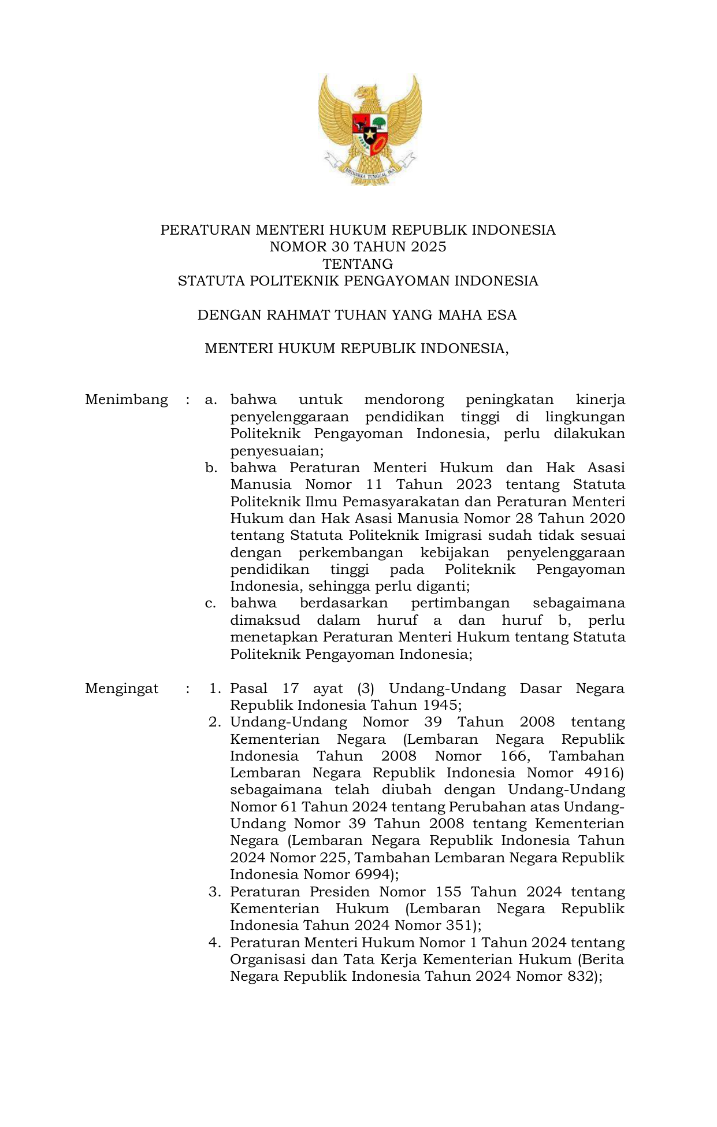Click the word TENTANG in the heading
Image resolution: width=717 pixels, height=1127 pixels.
pyautogui.click(x=358, y=264)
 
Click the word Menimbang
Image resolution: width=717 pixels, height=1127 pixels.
pyautogui.click(x=126, y=400)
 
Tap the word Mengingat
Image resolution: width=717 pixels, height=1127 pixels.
pyautogui.click(x=121, y=688)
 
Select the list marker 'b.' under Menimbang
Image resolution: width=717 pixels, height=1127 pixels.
pyautogui.click(x=211, y=468)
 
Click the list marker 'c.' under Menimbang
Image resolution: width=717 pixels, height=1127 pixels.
pyautogui.click(x=210, y=603)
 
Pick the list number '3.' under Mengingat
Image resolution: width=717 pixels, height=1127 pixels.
pyautogui.click(x=215, y=892)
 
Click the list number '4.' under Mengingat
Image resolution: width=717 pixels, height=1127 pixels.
pyautogui.click(x=215, y=943)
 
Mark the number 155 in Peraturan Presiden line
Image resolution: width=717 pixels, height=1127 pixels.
pyautogui.click(x=448, y=892)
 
